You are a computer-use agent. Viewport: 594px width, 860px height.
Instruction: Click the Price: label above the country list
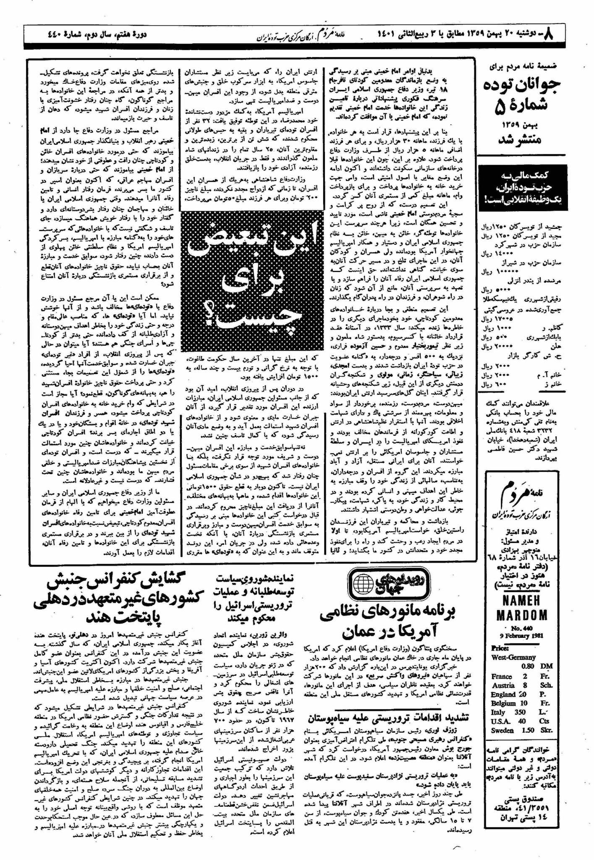tap(501, 648)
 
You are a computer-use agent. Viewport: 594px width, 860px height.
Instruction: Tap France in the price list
tap(501, 676)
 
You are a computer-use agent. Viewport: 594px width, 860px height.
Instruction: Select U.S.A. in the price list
tap(502, 721)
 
